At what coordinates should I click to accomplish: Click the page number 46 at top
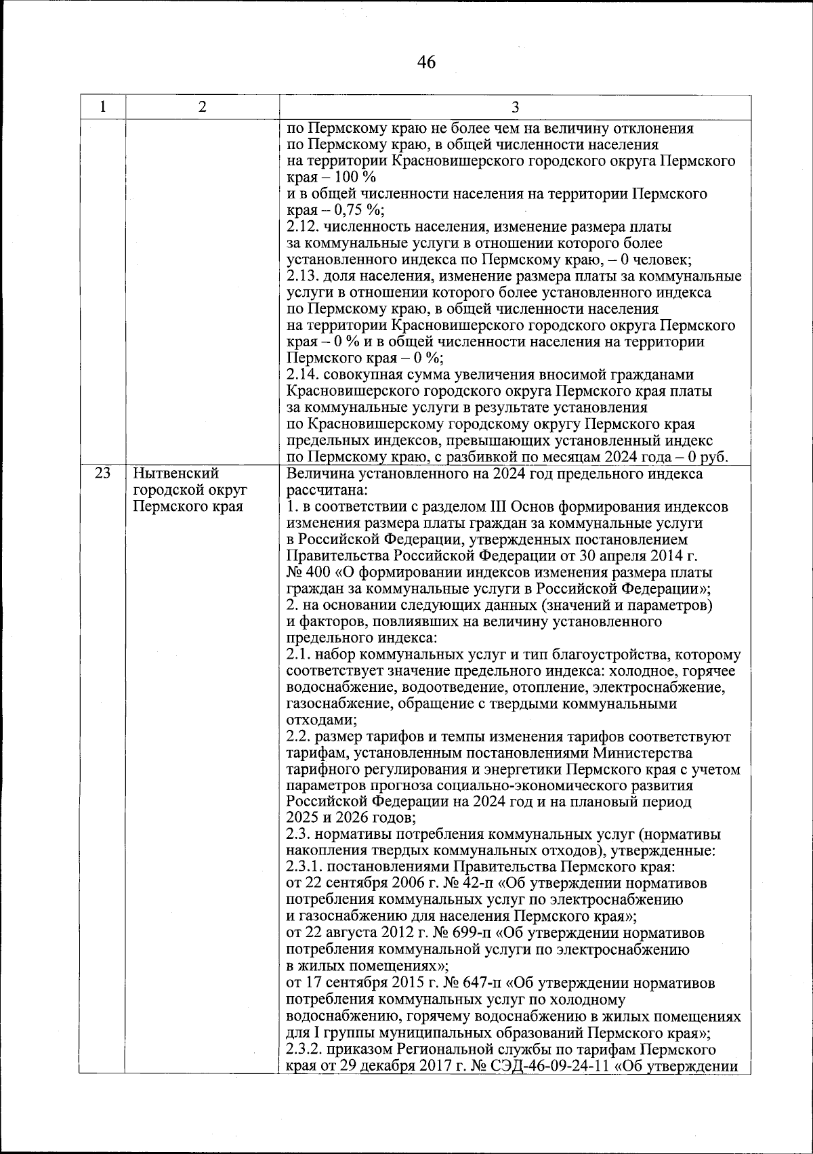[x=426, y=62]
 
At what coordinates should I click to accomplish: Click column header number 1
[x=102, y=107]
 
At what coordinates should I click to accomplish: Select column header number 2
[x=202, y=107]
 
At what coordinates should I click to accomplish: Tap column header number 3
[x=515, y=107]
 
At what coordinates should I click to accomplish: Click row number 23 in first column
[x=102, y=473]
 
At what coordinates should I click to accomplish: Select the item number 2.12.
[x=303, y=227]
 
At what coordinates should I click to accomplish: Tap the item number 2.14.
[x=303, y=375]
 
